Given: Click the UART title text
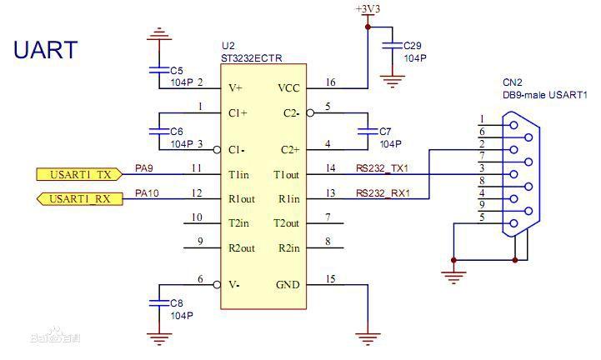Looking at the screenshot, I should pos(46,50).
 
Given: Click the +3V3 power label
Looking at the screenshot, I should pos(367,8).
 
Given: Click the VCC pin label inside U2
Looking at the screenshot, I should pos(288,87).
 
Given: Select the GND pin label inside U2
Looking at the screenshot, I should pos(288,285).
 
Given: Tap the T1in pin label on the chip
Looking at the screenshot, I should pos(238,174).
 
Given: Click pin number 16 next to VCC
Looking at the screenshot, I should pos(331,82).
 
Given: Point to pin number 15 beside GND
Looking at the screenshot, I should pos(331,279).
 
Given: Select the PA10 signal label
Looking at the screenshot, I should pos(147,193).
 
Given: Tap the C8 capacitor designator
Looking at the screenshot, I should pos(176,304).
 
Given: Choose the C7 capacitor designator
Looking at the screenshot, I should pos(384,132).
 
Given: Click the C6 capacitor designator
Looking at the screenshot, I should pos(176,132).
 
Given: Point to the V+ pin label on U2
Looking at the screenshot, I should pos(235,87).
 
